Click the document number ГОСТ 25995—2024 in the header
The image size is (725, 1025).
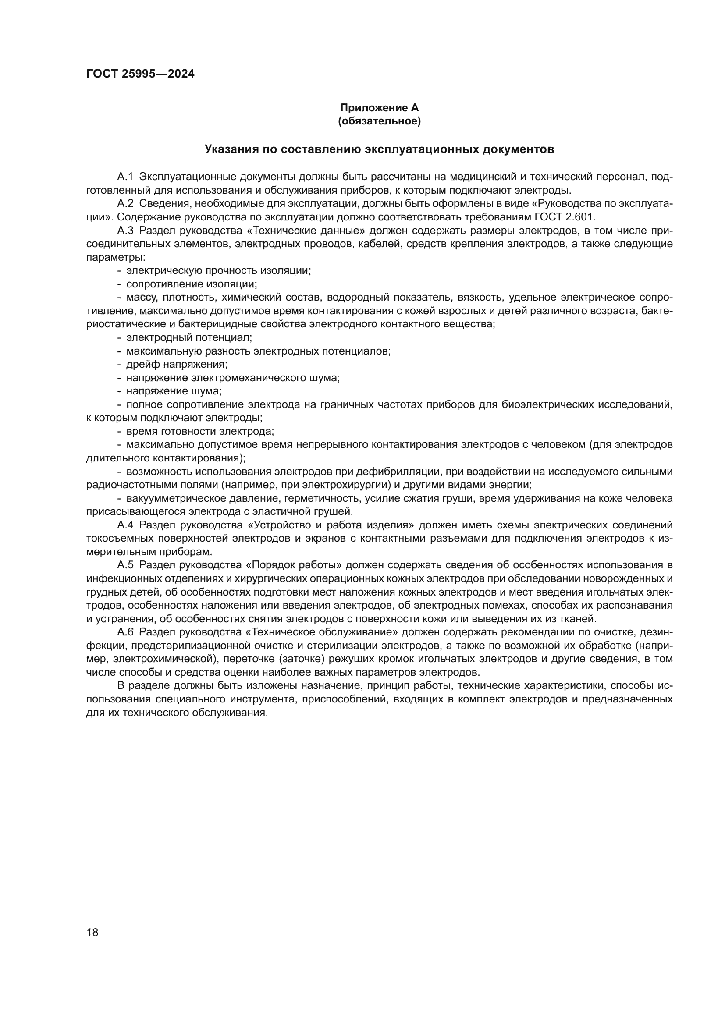click(140, 74)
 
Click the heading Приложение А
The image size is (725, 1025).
click(379, 108)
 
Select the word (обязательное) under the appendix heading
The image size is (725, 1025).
click(379, 121)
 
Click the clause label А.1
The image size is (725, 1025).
click(125, 177)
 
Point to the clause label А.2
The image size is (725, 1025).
click(125, 204)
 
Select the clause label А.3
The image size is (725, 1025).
click(125, 231)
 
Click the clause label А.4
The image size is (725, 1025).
click(125, 525)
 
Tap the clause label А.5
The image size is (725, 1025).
click(125, 565)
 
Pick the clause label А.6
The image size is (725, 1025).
click(125, 632)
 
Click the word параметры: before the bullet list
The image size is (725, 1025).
click(115, 257)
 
